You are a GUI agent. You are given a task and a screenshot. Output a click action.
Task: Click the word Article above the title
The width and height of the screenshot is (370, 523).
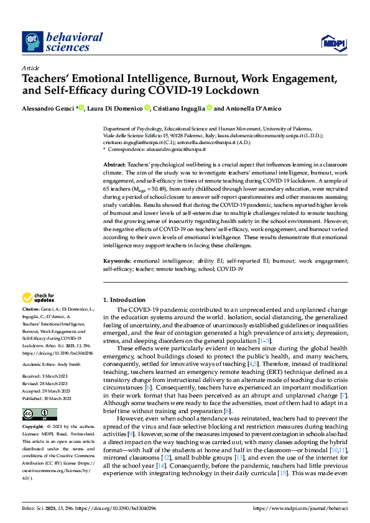coord(30,68)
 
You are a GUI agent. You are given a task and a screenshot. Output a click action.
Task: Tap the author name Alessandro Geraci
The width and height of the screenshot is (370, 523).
coord(47,108)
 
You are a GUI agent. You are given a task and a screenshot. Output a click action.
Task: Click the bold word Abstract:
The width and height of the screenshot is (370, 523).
coord(116,163)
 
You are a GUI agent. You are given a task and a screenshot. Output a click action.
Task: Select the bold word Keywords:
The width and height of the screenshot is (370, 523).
coord(118,261)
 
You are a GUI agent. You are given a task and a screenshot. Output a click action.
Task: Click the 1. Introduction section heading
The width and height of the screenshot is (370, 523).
coord(124,300)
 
